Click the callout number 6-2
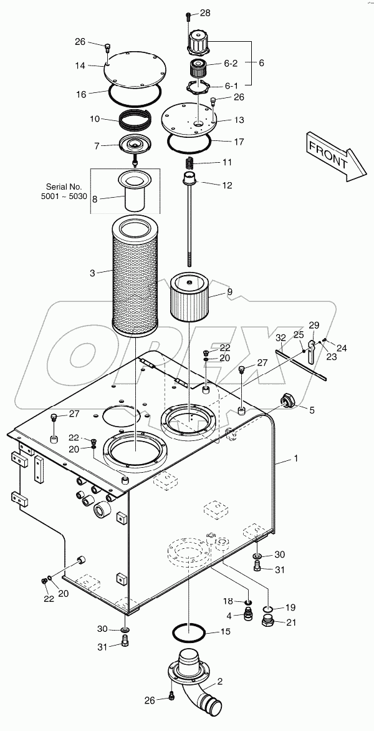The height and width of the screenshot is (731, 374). click(231, 64)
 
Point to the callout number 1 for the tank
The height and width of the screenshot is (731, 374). click(296, 458)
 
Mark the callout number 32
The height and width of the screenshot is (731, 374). click(281, 337)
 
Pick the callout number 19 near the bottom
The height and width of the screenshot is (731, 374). click(292, 607)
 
